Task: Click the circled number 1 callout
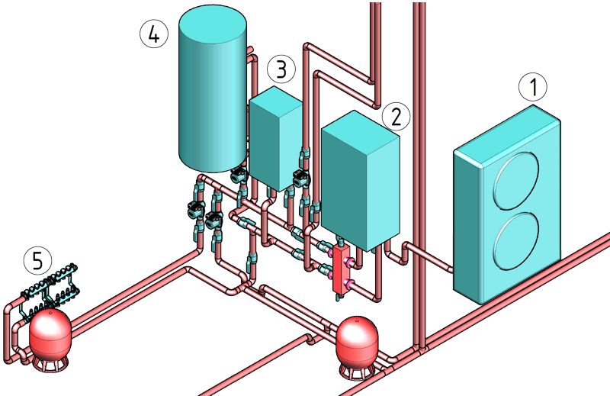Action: point(533,88)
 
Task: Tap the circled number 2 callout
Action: point(396,115)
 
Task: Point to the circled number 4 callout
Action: point(154,34)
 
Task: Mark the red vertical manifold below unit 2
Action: point(340,267)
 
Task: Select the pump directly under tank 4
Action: point(239,175)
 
